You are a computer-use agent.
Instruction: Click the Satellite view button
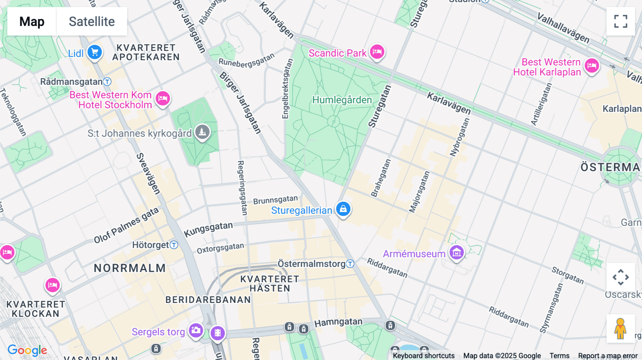click(x=92, y=21)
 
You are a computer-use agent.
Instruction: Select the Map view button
click(x=32, y=21)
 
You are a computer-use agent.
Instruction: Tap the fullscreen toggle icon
click(x=621, y=21)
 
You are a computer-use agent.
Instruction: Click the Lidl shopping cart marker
click(x=95, y=53)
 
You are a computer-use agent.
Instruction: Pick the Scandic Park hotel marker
click(x=377, y=52)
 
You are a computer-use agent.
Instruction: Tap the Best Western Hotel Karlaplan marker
click(x=592, y=66)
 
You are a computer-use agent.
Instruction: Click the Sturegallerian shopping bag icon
click(x=343, y=209)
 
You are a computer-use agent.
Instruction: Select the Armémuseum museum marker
click(x=457, y=253)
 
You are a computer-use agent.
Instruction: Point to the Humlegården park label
click(x=342, y=100)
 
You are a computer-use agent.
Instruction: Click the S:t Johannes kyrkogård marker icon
click(x=202, y=132)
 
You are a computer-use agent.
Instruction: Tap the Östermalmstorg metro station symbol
click(x=350, y=264)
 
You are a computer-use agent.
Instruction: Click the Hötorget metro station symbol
click(x=174, y=245)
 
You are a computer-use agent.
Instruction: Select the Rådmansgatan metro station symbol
click(x=107, y=82)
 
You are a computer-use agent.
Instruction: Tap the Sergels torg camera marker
click(x=196, y=330)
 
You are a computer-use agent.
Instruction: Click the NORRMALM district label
click(x=130, y=268)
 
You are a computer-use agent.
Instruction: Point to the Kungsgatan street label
click(x=208, y=229)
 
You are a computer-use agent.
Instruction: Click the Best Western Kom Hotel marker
click(x=163, y=98)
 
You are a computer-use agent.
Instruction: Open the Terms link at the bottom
click(x=559, y=355)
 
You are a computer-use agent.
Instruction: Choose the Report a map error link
click(x=607, y=355)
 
